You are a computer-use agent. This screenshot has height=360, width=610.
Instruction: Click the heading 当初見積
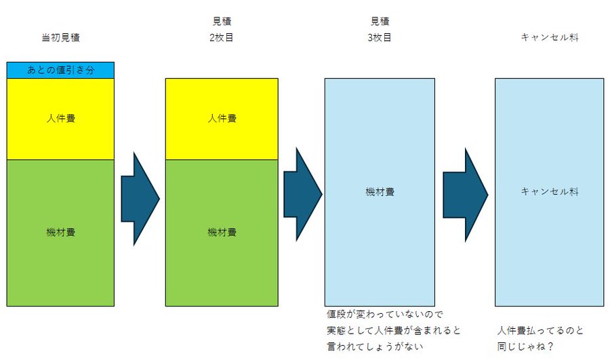pyautogui.click(x=60, y=38)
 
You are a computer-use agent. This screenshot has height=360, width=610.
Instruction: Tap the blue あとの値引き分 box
pyautogui.click(x=60, y=71)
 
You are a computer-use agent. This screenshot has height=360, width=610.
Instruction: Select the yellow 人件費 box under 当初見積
pyautogui.click(x=60, y=119)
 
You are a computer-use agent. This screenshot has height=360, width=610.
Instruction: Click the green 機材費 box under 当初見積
pyautogui.click(x=60, y=233)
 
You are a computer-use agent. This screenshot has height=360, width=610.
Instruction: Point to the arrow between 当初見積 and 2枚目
pyautogui.click(x=140, y=199)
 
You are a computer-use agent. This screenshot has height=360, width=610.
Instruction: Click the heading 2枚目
pyautogui.click(x=222, y=38)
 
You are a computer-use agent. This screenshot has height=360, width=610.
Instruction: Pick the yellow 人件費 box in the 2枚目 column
pyautogui.click(x=222, y=119)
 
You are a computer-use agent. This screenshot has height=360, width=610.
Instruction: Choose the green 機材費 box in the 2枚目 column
pyautogui.click(x=222, y=233)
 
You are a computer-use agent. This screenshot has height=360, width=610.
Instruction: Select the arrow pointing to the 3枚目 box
pyautogui.click(x=302, y=195)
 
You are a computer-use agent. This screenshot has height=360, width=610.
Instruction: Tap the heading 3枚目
pyautogui.click(x=380, y=38)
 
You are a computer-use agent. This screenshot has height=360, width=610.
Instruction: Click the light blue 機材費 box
pyautogui.click(x=380, y=192)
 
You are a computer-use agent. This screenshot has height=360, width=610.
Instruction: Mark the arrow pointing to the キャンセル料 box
pyautogui.click(x=465, y=195)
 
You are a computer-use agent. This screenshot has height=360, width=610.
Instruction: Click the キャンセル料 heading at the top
pyautogui.click(x=549, y=38)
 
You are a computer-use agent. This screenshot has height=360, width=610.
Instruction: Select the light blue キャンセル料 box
pyautogui.click(x=549, y=192)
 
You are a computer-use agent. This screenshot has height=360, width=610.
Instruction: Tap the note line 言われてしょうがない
pyautogui.click(x=374, y=346)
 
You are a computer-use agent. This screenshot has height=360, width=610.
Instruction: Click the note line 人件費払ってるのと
pyautogui.click(x=540, y=331)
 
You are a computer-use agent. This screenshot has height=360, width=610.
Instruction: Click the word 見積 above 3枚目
pyautogui.click(x=380, y=22)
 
